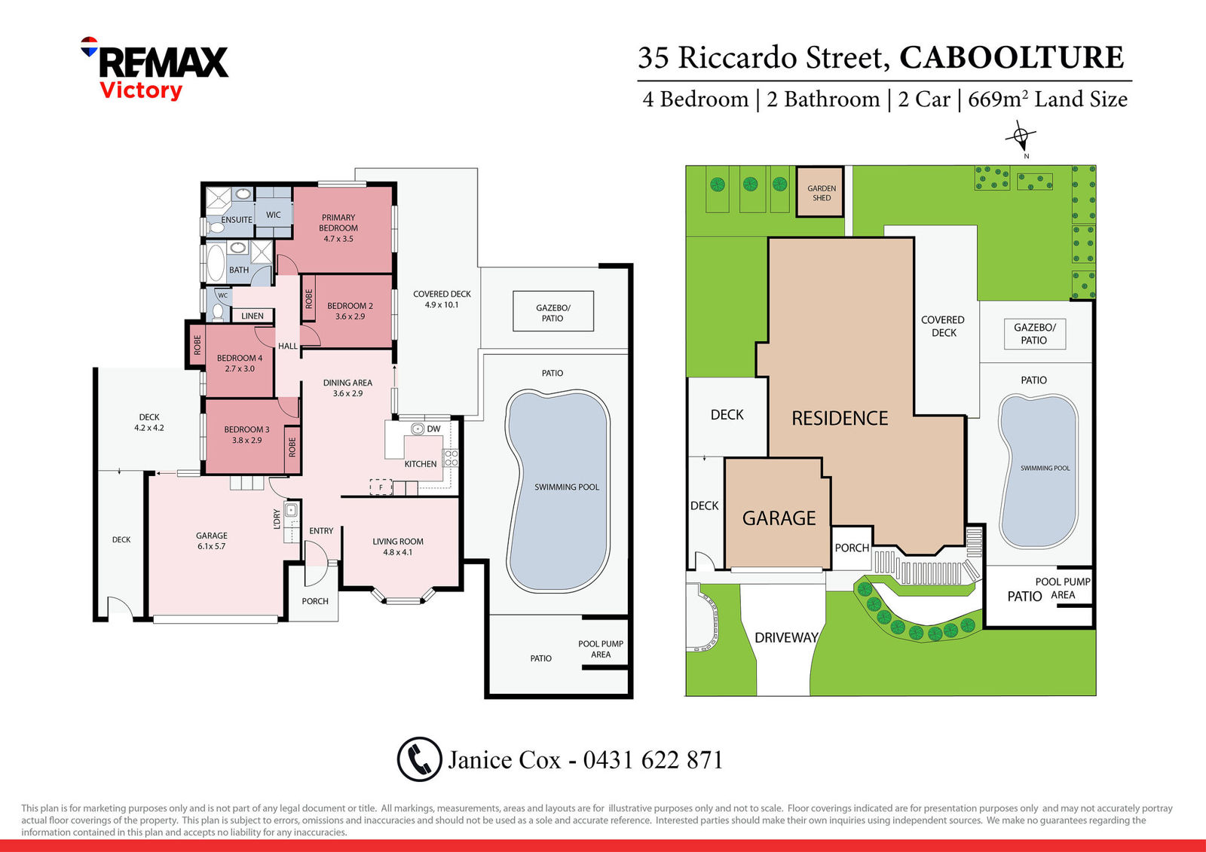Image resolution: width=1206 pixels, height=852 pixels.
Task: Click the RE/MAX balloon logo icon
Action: point(90,46)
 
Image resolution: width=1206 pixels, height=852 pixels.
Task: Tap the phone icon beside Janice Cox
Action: point(419,759)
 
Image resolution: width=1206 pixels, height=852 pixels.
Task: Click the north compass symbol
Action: point(1021,136)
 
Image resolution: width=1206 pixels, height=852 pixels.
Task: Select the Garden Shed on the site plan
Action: point(820,192)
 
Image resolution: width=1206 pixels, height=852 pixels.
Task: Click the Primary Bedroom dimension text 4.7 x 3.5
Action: point(338,239)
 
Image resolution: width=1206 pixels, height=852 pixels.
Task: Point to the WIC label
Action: point(274,215)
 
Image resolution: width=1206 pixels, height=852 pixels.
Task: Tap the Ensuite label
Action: point(237,220)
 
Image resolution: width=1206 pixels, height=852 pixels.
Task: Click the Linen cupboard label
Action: point(253,316)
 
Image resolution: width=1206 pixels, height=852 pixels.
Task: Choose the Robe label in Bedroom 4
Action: point(197,345)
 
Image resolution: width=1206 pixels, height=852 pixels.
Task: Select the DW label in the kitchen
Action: point(433,429)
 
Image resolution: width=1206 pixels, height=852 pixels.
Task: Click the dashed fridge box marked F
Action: point(381,487)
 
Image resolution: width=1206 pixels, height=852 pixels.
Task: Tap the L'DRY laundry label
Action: point(277,519)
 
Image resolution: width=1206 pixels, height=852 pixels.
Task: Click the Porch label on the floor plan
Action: point(315,601)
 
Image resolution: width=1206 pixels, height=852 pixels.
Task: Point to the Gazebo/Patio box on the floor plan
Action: point(553,312)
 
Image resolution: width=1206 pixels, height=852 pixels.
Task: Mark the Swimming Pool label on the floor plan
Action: point(566,487)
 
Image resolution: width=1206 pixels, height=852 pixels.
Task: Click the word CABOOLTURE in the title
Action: point(1012,57)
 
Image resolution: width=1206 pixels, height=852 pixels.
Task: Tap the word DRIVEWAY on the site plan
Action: point(786,638)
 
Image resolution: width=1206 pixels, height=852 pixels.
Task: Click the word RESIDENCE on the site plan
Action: point(840,418)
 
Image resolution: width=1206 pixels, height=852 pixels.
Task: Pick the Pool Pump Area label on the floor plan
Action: point(601,649)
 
